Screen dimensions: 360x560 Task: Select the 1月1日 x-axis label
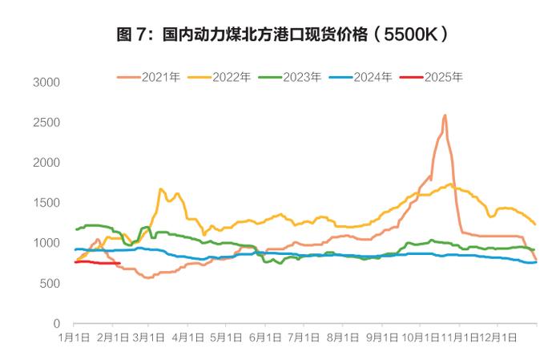click(x=75, y=338)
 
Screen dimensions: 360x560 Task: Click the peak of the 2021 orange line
click(x=445, y=115)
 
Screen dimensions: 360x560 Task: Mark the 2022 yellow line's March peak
click(x=161, y=189)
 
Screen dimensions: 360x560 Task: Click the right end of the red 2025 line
click(x=119, y=263)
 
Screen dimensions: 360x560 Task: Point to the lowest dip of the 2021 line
click(x=147, y=277)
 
